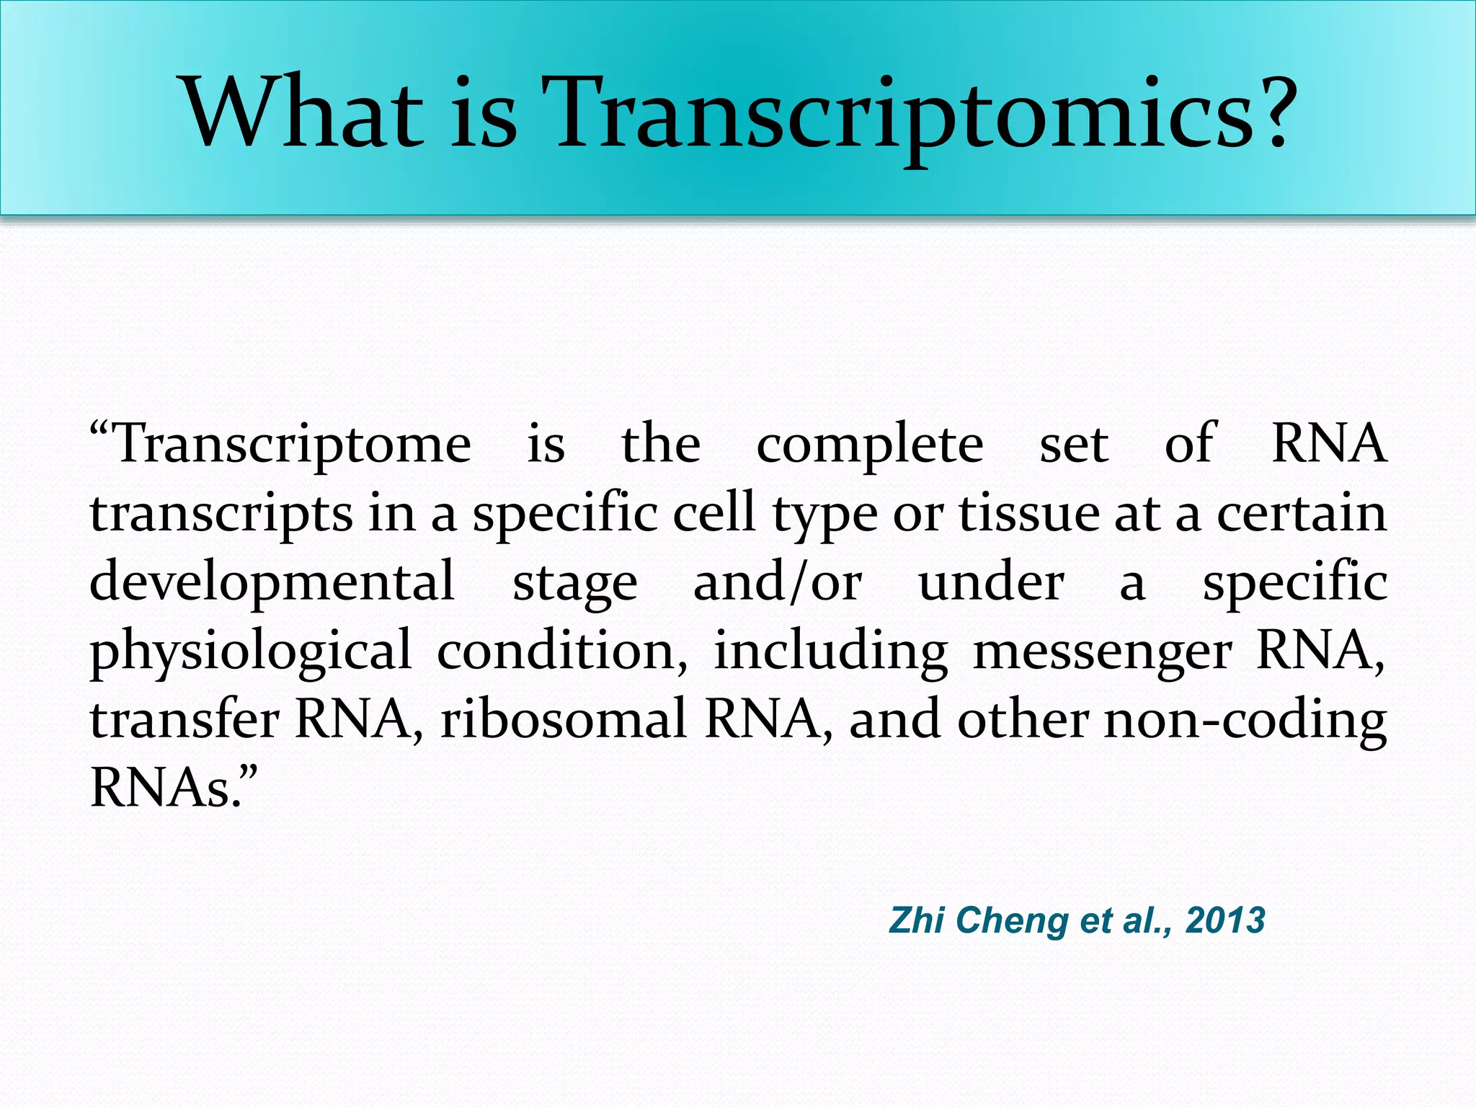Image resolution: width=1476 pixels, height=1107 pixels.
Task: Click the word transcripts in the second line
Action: (x=221, y=515)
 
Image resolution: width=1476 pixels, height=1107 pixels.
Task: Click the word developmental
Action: (x=272, y=582)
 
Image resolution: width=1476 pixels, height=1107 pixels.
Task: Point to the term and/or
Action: (x=777, y=582)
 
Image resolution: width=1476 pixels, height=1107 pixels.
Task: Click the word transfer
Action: (x=184, y=719)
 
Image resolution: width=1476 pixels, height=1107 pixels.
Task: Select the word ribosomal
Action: (x=564, y=719)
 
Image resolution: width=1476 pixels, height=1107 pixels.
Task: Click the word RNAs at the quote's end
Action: (x=166, y=788)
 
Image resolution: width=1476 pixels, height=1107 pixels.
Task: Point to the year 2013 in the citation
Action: (x=1225, y=921)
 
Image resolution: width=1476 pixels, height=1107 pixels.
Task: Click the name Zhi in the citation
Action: (x=916, y=920)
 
